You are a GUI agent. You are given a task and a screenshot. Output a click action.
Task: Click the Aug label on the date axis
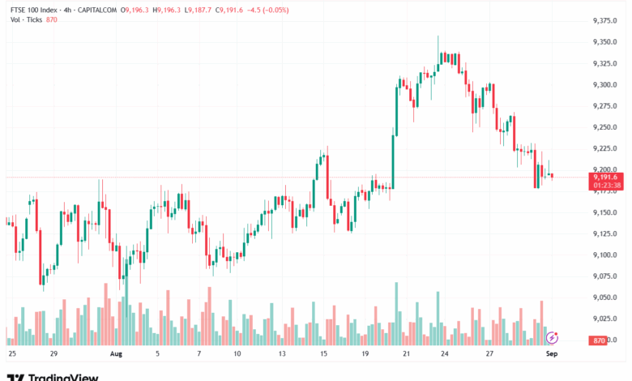[116, 354]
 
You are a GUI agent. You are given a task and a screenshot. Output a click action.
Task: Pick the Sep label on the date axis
[553, 354]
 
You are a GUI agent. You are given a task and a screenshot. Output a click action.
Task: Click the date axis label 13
[281, 354]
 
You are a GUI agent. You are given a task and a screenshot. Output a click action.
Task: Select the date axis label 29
[53, 354]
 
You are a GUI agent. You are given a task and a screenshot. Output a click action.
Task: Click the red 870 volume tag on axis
[600, 340]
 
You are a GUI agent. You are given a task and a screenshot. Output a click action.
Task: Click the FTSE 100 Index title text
[36, 9]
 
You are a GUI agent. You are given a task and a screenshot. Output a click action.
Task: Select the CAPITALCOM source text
[97, 9]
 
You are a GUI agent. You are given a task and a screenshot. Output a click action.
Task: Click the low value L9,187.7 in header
[199, 9]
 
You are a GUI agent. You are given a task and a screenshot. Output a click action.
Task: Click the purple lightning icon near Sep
[553, 336]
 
